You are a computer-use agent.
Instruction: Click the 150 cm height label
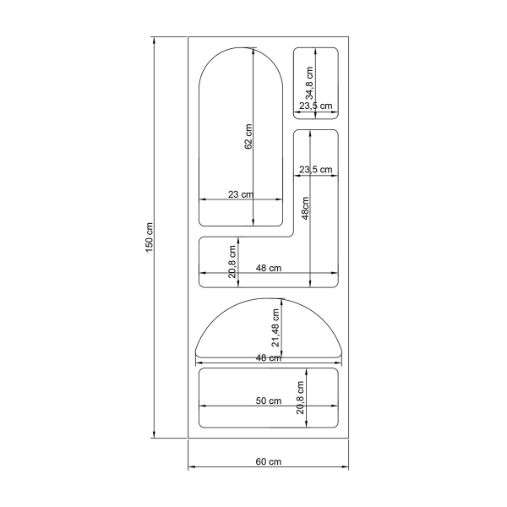click(150, 237)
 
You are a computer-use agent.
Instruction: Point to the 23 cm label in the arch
click(241, 194)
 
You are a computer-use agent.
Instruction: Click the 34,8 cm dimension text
click(309, 83)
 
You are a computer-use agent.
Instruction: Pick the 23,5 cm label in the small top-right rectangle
click(316, 106)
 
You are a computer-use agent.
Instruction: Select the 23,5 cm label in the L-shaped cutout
click(315, 170)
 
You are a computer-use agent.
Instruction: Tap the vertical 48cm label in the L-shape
click(306, 207)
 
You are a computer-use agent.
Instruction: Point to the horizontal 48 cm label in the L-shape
click(268, 268)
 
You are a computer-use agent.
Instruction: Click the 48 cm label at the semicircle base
click(268, 358)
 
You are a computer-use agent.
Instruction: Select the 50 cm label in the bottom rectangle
click(268, 401)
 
